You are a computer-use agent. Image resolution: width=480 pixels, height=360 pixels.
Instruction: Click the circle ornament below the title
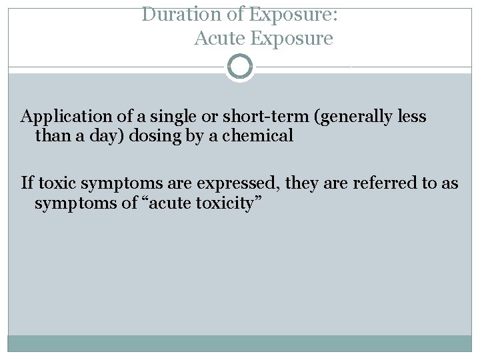tap(239, 67)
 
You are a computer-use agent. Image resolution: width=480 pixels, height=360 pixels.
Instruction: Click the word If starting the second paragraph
tap(27, 183)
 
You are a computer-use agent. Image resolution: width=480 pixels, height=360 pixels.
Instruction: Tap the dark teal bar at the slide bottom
tap(239, 344)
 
